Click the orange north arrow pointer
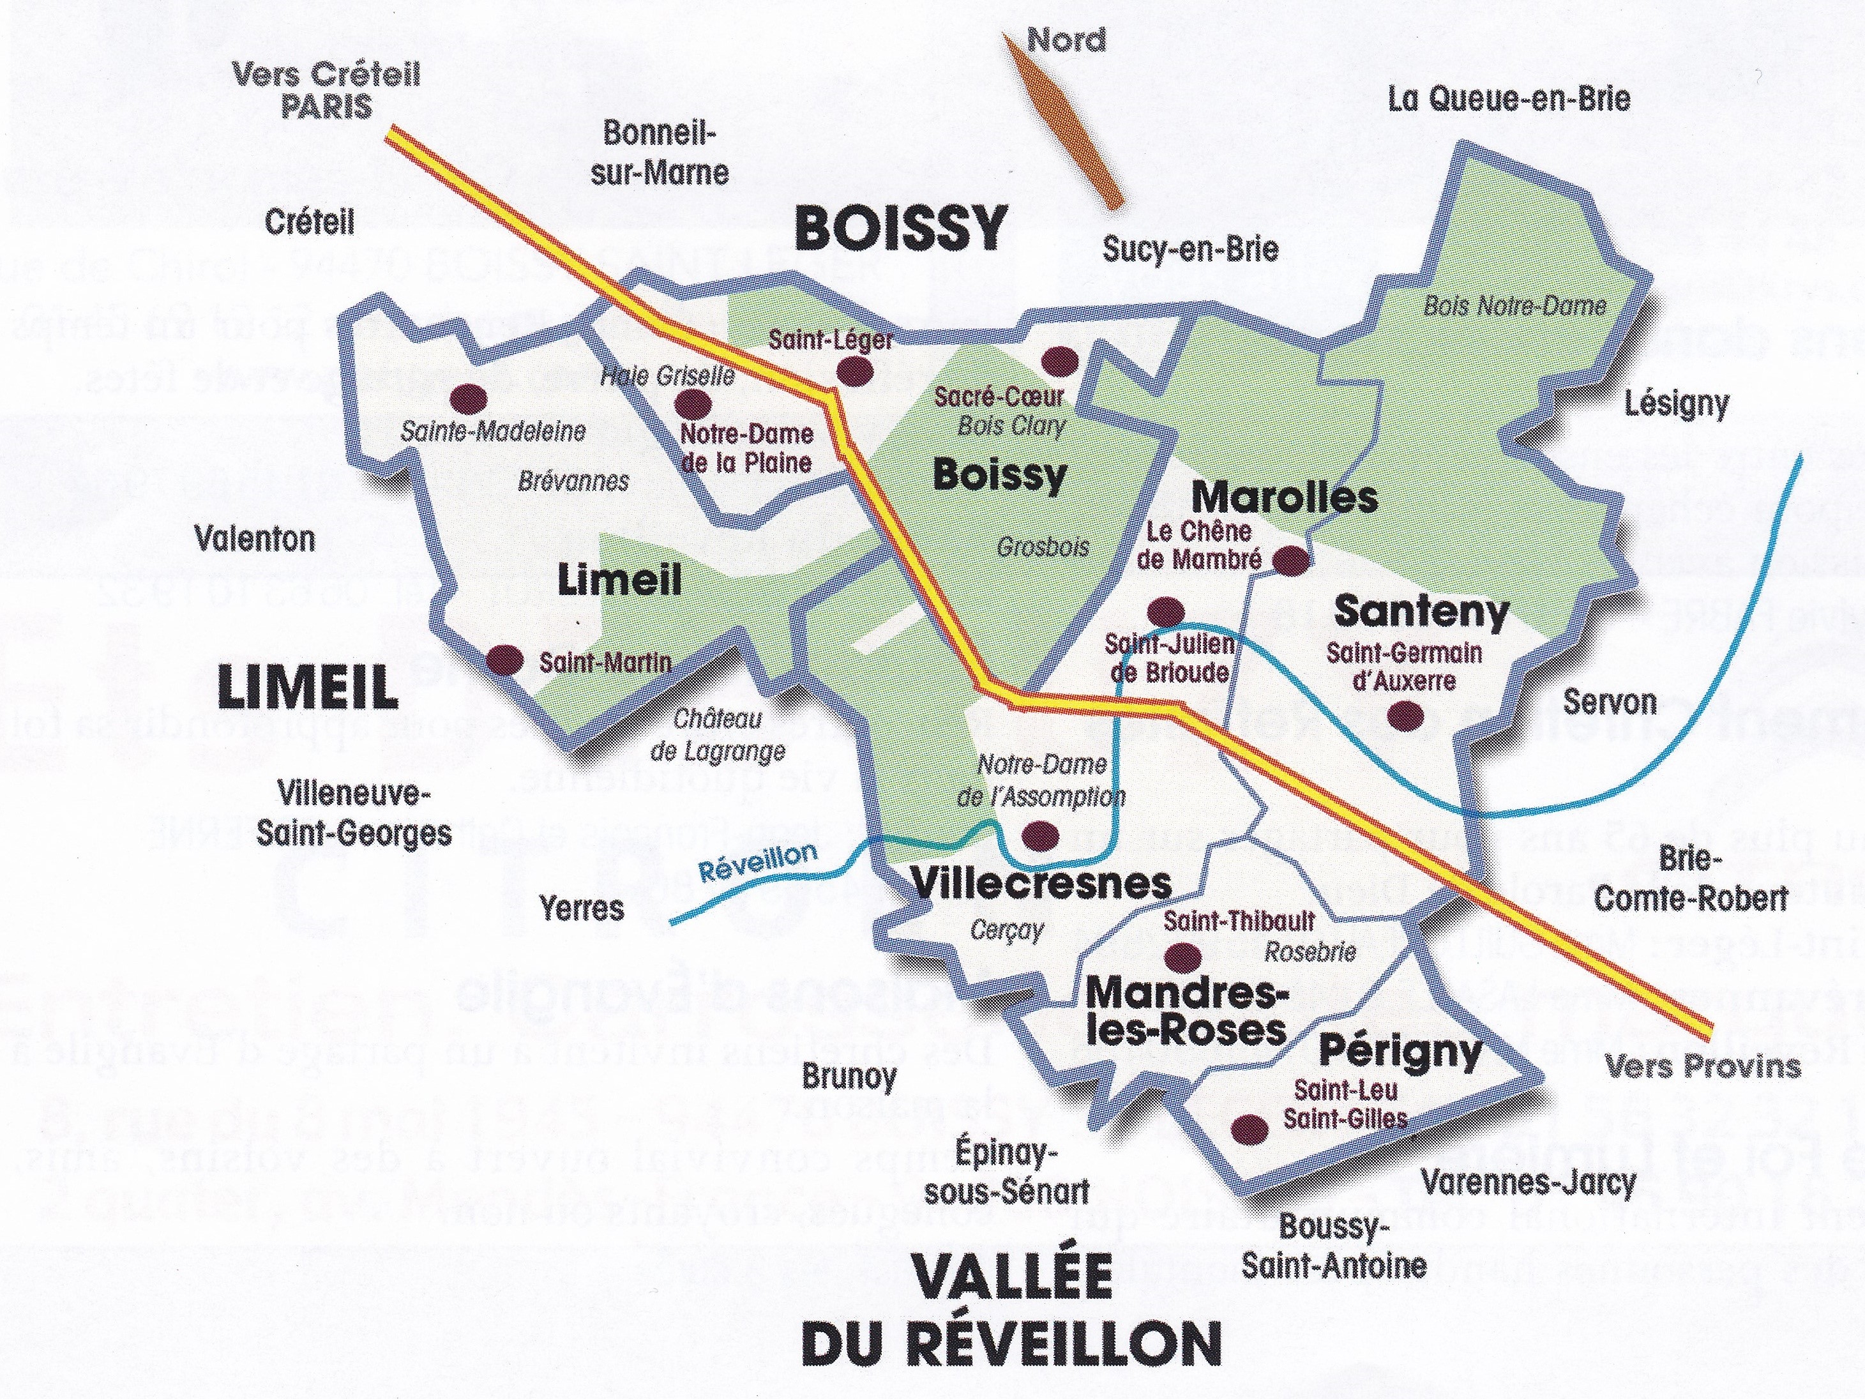click(1064, 132)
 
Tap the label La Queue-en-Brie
click(1509, 100)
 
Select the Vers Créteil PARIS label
click(326, 91)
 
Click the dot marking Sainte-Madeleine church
click(469, 397)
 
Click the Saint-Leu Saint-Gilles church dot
click(1250, 1128)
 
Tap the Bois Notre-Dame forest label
click(1514, 305)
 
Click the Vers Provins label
click(1702, 1067)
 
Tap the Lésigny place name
click(1676, 405)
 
